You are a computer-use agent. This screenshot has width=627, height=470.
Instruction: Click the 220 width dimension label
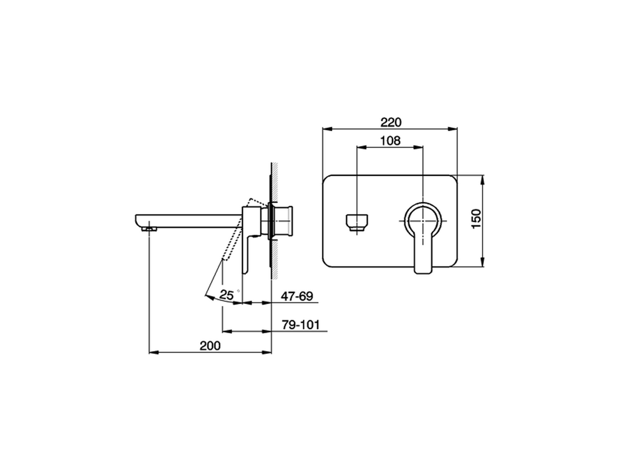click(x=390, y=122)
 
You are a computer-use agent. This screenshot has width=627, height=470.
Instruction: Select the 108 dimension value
click(x=390, y=141)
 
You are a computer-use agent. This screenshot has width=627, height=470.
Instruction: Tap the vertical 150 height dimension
click(x=476, y=218)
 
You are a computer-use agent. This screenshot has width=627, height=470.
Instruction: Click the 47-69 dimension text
click(x=297, y=296)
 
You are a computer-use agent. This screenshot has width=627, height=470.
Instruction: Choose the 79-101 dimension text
click(x=300, y=325)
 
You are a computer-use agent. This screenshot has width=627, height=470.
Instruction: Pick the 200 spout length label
click(x=210, y=346)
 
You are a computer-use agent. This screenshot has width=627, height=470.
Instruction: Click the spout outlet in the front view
click(x=357, y=222)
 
